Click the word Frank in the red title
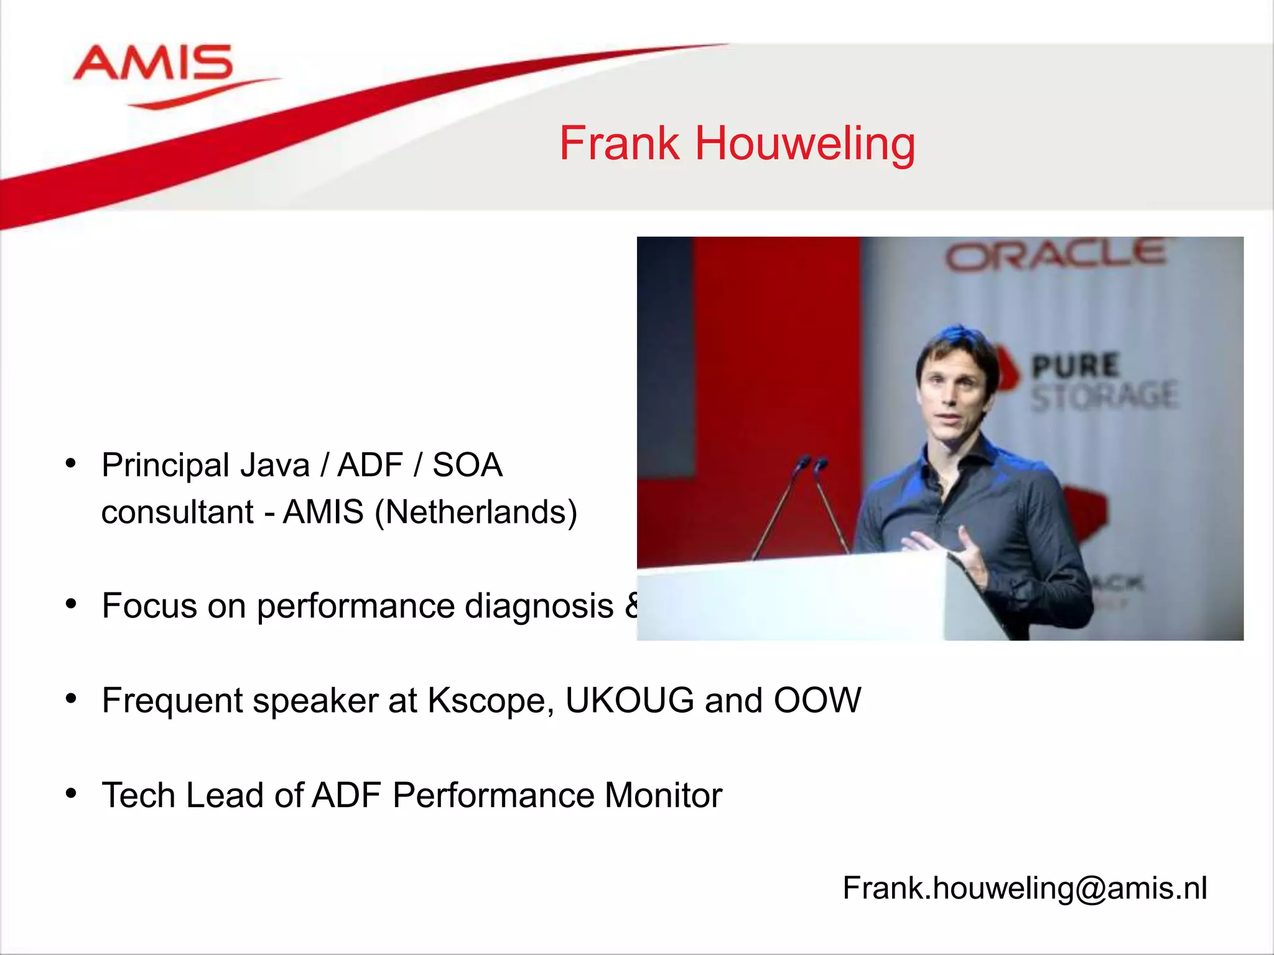click(x=619, y=144)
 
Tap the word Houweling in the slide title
click(x=804, y=144)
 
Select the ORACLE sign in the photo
click(x=1056, y=256)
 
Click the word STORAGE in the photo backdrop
click(x=1104, y=397)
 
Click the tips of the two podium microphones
click(x=812, y=463)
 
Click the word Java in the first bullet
click(x=274, y=466)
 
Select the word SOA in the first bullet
click(x=467, y=466)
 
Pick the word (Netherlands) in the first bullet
click(x=476, y=512)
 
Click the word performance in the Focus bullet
click(x=355, y=606)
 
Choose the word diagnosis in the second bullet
click(x=539, y=606)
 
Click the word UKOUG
click(x=629, y=701)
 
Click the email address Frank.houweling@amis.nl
click(x=1025, y=888)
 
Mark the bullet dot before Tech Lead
click(x=71, y=793)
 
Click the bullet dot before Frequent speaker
click(x=71, y=699)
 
